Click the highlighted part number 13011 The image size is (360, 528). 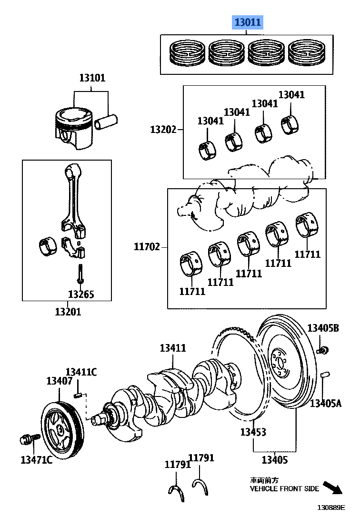coord(247,22)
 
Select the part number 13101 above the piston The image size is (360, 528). coord(92,78)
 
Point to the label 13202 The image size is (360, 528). coord(163,129)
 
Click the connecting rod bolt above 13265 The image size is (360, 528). coord(81,274)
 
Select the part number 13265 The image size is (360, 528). coord(81,294)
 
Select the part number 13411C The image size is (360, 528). coord(81,372)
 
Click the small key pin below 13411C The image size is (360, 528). coord(80,394)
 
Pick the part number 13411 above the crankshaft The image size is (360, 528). coord(172,348)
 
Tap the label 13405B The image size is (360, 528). coord(323,328)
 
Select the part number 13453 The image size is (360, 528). coord(253,432)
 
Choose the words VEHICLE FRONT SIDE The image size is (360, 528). coord(284,488)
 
